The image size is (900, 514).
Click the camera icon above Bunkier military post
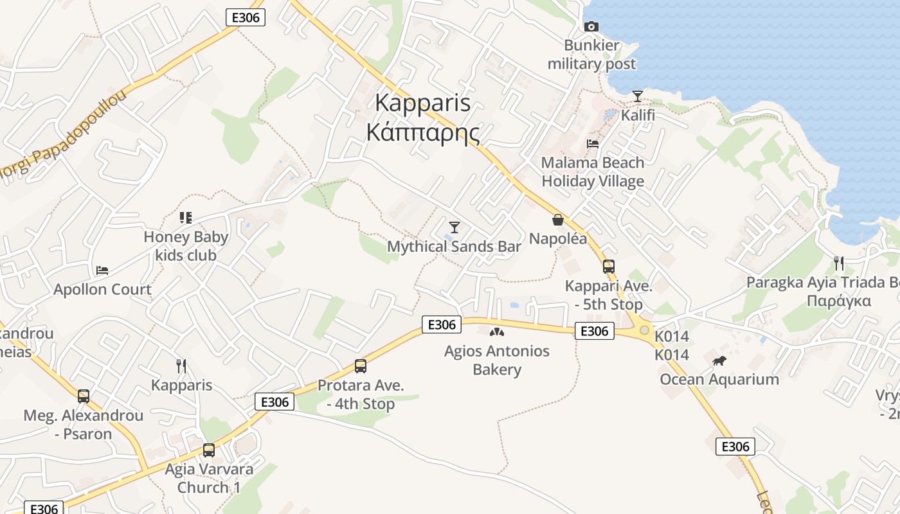591,26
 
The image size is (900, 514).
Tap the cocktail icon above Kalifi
637,96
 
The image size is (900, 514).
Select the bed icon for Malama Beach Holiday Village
593,143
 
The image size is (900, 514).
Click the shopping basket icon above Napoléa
557,220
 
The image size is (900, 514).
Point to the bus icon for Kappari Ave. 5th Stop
608,267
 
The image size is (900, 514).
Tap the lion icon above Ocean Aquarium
719,361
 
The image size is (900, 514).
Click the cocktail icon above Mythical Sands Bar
455,227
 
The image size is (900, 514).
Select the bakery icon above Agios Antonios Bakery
496,332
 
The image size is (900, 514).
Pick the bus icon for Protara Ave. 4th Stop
361,366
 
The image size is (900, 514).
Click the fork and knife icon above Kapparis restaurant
181,366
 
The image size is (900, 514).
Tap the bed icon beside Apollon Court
102,270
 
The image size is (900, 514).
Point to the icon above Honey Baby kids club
186,218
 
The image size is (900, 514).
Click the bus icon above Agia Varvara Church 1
209,450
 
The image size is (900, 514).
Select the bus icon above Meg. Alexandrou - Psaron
84,396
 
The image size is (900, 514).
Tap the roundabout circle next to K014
644,330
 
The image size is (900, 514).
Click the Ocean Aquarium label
719,379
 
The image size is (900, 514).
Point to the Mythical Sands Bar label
454,246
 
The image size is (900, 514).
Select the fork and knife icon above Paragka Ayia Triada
838,263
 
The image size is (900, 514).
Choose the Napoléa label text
558,239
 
